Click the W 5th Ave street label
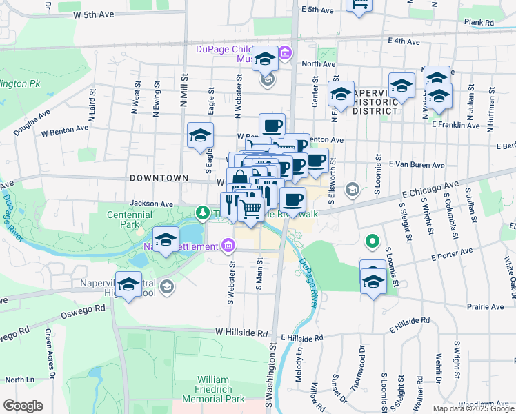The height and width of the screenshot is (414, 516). pos(93,14)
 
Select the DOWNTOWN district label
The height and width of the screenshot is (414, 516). pos(159,177)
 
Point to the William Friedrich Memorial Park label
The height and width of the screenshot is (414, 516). pos(221,389)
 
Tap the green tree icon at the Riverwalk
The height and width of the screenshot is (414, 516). pos(202,211)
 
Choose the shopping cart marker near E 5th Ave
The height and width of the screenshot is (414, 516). pos(359,4)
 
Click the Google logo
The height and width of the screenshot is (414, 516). pos(23,406)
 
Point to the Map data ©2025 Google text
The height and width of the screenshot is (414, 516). pos(473,408)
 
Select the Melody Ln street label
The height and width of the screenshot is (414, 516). pos(299,358)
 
